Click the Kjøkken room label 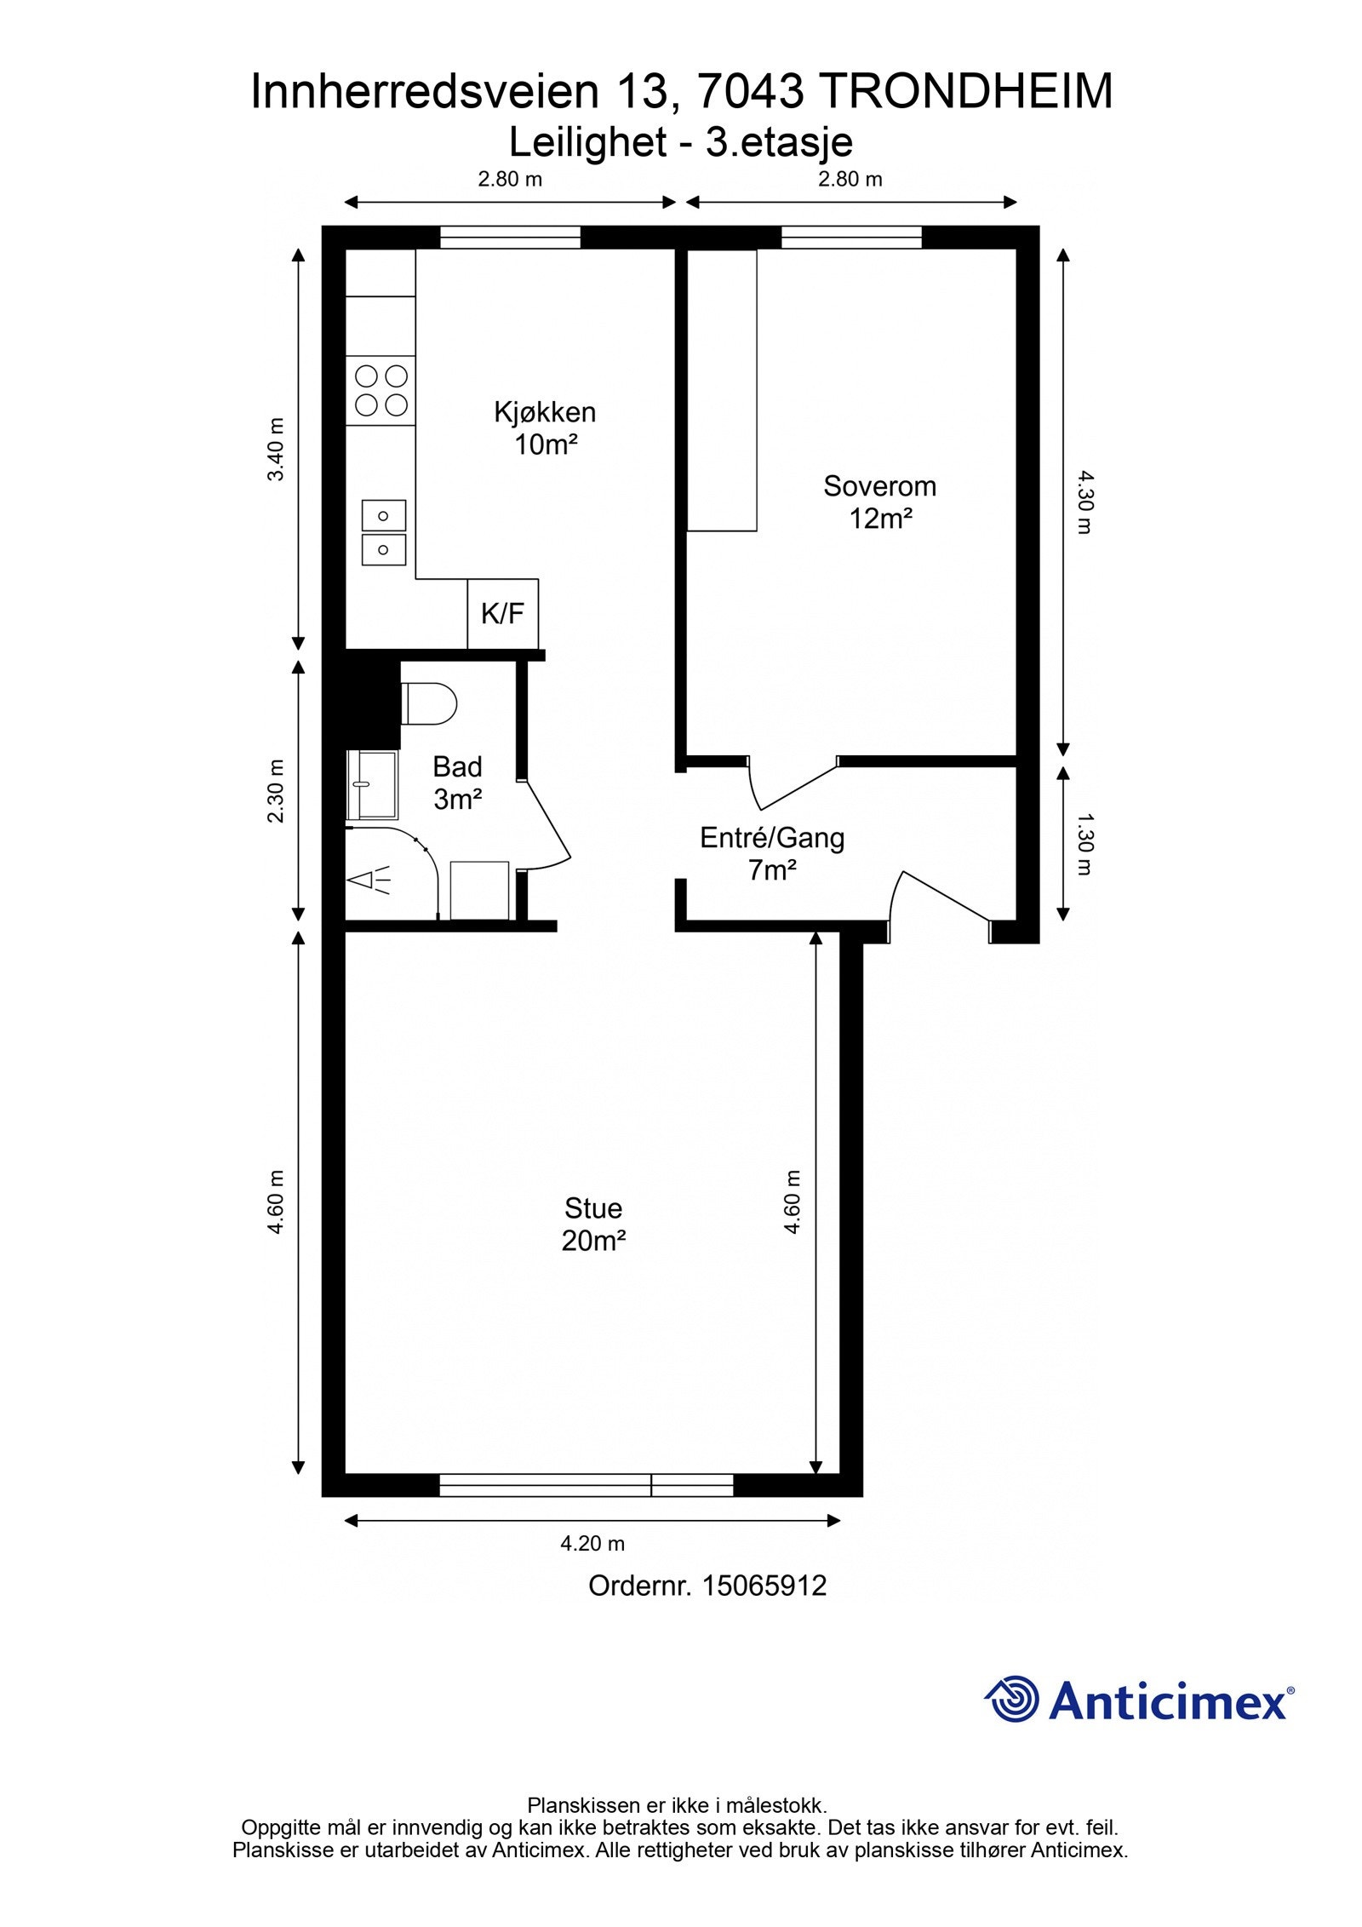(545, 428)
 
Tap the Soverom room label (879, 502)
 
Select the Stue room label (593, 1224)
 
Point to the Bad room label (458, 783)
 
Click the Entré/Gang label (772, 854)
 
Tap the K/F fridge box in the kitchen (503, 614)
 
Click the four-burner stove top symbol (381, 389)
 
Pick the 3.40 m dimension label (276, 450)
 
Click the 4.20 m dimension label (592, 1543)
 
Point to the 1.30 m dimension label (1084, 844)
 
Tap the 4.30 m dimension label (1084, 502)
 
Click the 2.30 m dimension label (276, 791)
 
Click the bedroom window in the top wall (851, 237)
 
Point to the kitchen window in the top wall (510, 237)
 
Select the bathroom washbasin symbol (372, 784)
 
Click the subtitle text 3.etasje (779, 141)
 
